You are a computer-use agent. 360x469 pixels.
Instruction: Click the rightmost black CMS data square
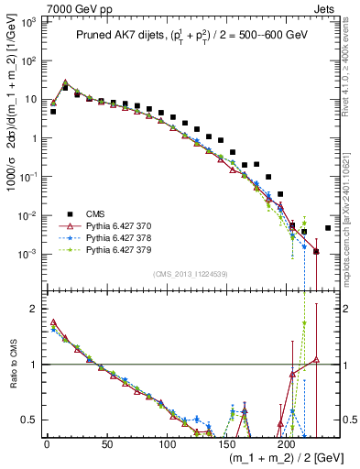328,228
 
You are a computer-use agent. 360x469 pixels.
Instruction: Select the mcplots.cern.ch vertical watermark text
352,229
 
